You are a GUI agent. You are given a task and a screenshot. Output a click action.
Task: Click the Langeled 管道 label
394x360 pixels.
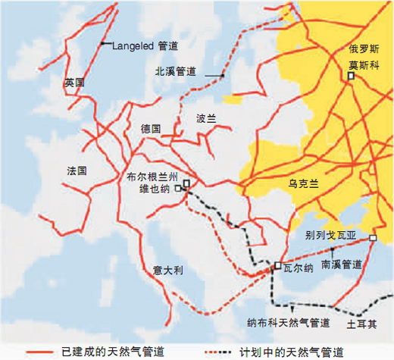pyautogui.click(x=149, y=45)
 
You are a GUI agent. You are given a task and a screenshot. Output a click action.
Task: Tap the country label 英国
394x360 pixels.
pyautogui.click(x=74, y=82)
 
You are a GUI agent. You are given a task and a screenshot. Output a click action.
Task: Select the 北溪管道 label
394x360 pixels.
pyautogui.click(x=175, y=72)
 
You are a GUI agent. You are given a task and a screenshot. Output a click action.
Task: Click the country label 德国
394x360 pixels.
pyautogui.click(x=151, y=129)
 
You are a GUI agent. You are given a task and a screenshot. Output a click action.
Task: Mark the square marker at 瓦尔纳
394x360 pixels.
pyautogui.click(x=278, y=266)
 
